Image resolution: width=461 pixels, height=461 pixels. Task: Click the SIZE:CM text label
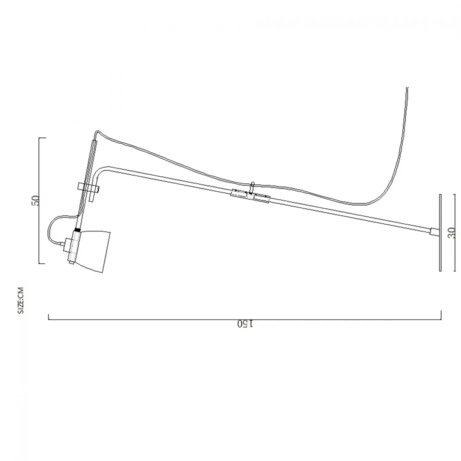coord(21,300)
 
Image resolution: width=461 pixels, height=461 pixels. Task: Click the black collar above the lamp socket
coord(77,230)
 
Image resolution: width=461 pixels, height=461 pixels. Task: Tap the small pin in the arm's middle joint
coord(252,187)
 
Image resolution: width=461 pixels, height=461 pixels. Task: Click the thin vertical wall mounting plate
coord(440,233)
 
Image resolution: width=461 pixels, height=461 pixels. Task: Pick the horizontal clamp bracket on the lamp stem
coord(89,187)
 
